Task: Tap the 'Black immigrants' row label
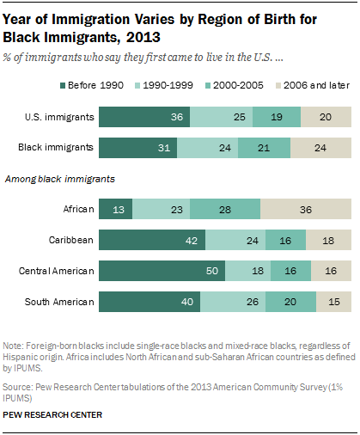[x=56, y=148]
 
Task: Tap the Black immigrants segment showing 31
[x=138, y=148]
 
